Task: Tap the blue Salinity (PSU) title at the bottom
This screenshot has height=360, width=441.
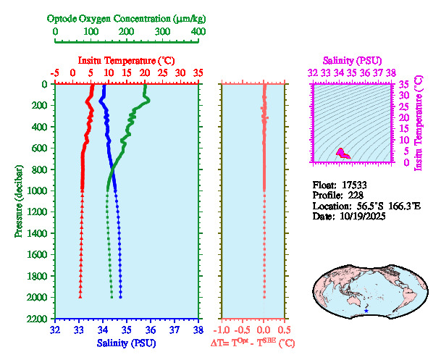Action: pyautogui.click(x=126, y=342)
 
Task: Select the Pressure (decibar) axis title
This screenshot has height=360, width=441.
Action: pyautogui.click(x=18, y=202)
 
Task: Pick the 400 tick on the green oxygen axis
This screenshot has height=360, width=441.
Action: pyautogui.click(x=198, y=32)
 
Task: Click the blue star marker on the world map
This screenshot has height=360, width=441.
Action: pyautogui.click(x=367, y=311)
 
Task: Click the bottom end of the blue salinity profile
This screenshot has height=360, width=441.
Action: pyautogui.click(x=120, y=297)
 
